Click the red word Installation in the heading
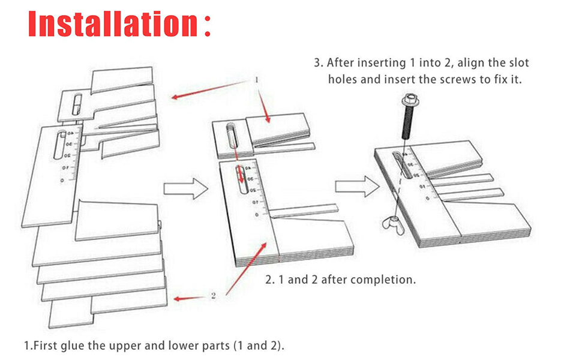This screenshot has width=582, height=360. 111,24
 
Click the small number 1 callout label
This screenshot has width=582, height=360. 256,80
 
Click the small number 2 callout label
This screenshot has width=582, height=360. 214,295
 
